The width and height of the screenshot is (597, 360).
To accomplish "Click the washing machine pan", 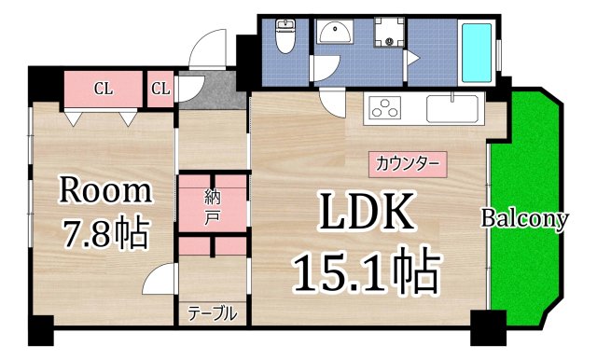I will [387, 35].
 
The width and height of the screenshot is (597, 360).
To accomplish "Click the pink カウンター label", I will [406, 164].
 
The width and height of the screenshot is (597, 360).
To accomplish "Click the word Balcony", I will [524, 219].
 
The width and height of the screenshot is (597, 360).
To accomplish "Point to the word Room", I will [104, 191].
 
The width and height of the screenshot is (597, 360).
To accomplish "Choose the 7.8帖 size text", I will [104, 232].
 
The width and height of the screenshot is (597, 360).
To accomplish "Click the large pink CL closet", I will [102, 90].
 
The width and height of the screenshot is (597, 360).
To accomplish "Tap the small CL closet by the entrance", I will [160, 90].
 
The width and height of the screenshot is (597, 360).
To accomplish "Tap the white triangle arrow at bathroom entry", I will [411, 58].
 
